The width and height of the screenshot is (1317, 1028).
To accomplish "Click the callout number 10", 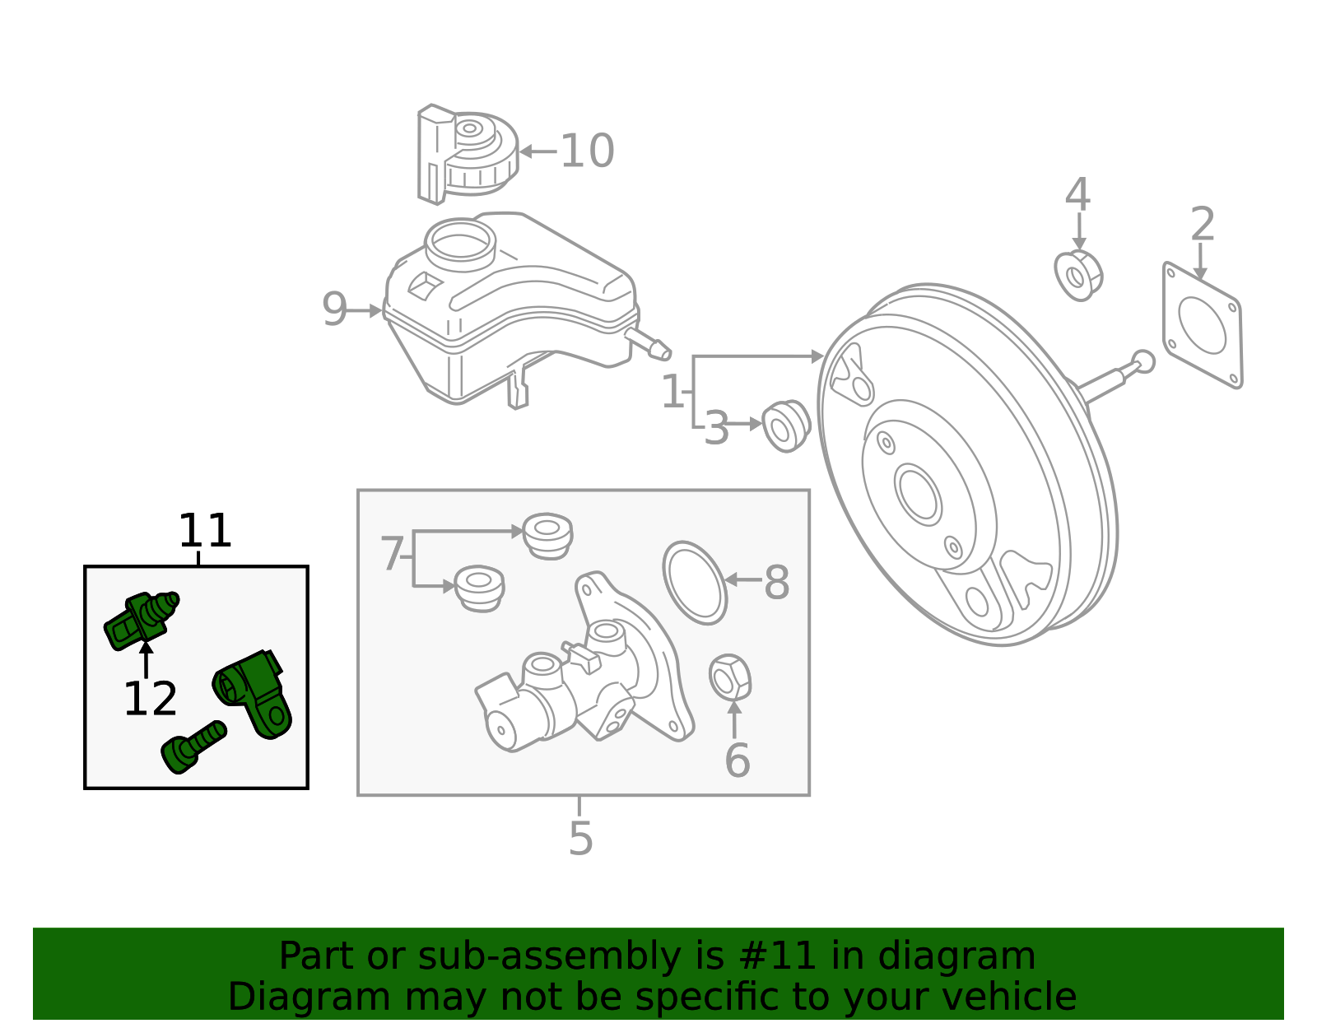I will click(587, 151).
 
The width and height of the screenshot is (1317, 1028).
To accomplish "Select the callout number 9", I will click(334, 310).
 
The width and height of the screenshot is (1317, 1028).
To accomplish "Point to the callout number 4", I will click(1077, 196).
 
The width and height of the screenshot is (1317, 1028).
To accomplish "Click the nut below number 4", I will click(1078, 275).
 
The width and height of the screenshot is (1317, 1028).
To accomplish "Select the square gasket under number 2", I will click(1203, 325).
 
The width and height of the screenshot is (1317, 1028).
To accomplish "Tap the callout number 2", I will click(1203, 225).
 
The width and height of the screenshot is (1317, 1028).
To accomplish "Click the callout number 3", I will click(716, 429).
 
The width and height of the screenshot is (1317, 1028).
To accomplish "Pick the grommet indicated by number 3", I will click(786, 426).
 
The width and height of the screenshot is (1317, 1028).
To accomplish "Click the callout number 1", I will click(672, 392).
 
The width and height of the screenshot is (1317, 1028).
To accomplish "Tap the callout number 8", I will click(776, 583).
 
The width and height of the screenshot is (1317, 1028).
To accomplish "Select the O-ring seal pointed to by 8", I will click(695, 583).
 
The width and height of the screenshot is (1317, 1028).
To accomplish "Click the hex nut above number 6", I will click(729, 677).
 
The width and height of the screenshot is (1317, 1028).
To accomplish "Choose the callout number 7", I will click(392, 555).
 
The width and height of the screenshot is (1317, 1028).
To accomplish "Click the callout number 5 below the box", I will click(580, 839).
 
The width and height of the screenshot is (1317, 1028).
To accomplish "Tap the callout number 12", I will click(150, 700).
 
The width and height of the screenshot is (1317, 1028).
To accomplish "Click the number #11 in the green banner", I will click(776, 956).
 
